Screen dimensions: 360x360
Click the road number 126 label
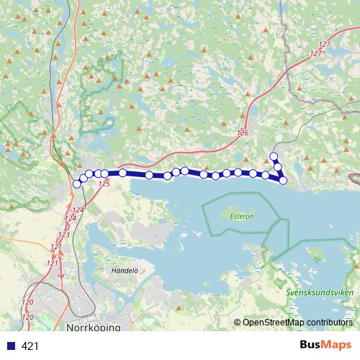pyautogui.click(x=242, y=133)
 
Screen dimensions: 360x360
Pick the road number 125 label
pyautogui.click(x=104, y=184)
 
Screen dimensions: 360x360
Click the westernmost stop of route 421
pyautogui.click(x=77, y=184)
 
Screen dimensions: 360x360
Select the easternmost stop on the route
pyautogui.click(x=283, y=180)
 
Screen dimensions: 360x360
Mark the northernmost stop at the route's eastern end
pyautogui.click(x=273, y=156)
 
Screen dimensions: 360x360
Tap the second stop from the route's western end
pyautogui.click(x=83, y=177)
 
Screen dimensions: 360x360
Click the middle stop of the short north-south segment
pyautogui.click(x=277, y=166)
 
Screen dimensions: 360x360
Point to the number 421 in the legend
pyautogui.click(x=30, y=346)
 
